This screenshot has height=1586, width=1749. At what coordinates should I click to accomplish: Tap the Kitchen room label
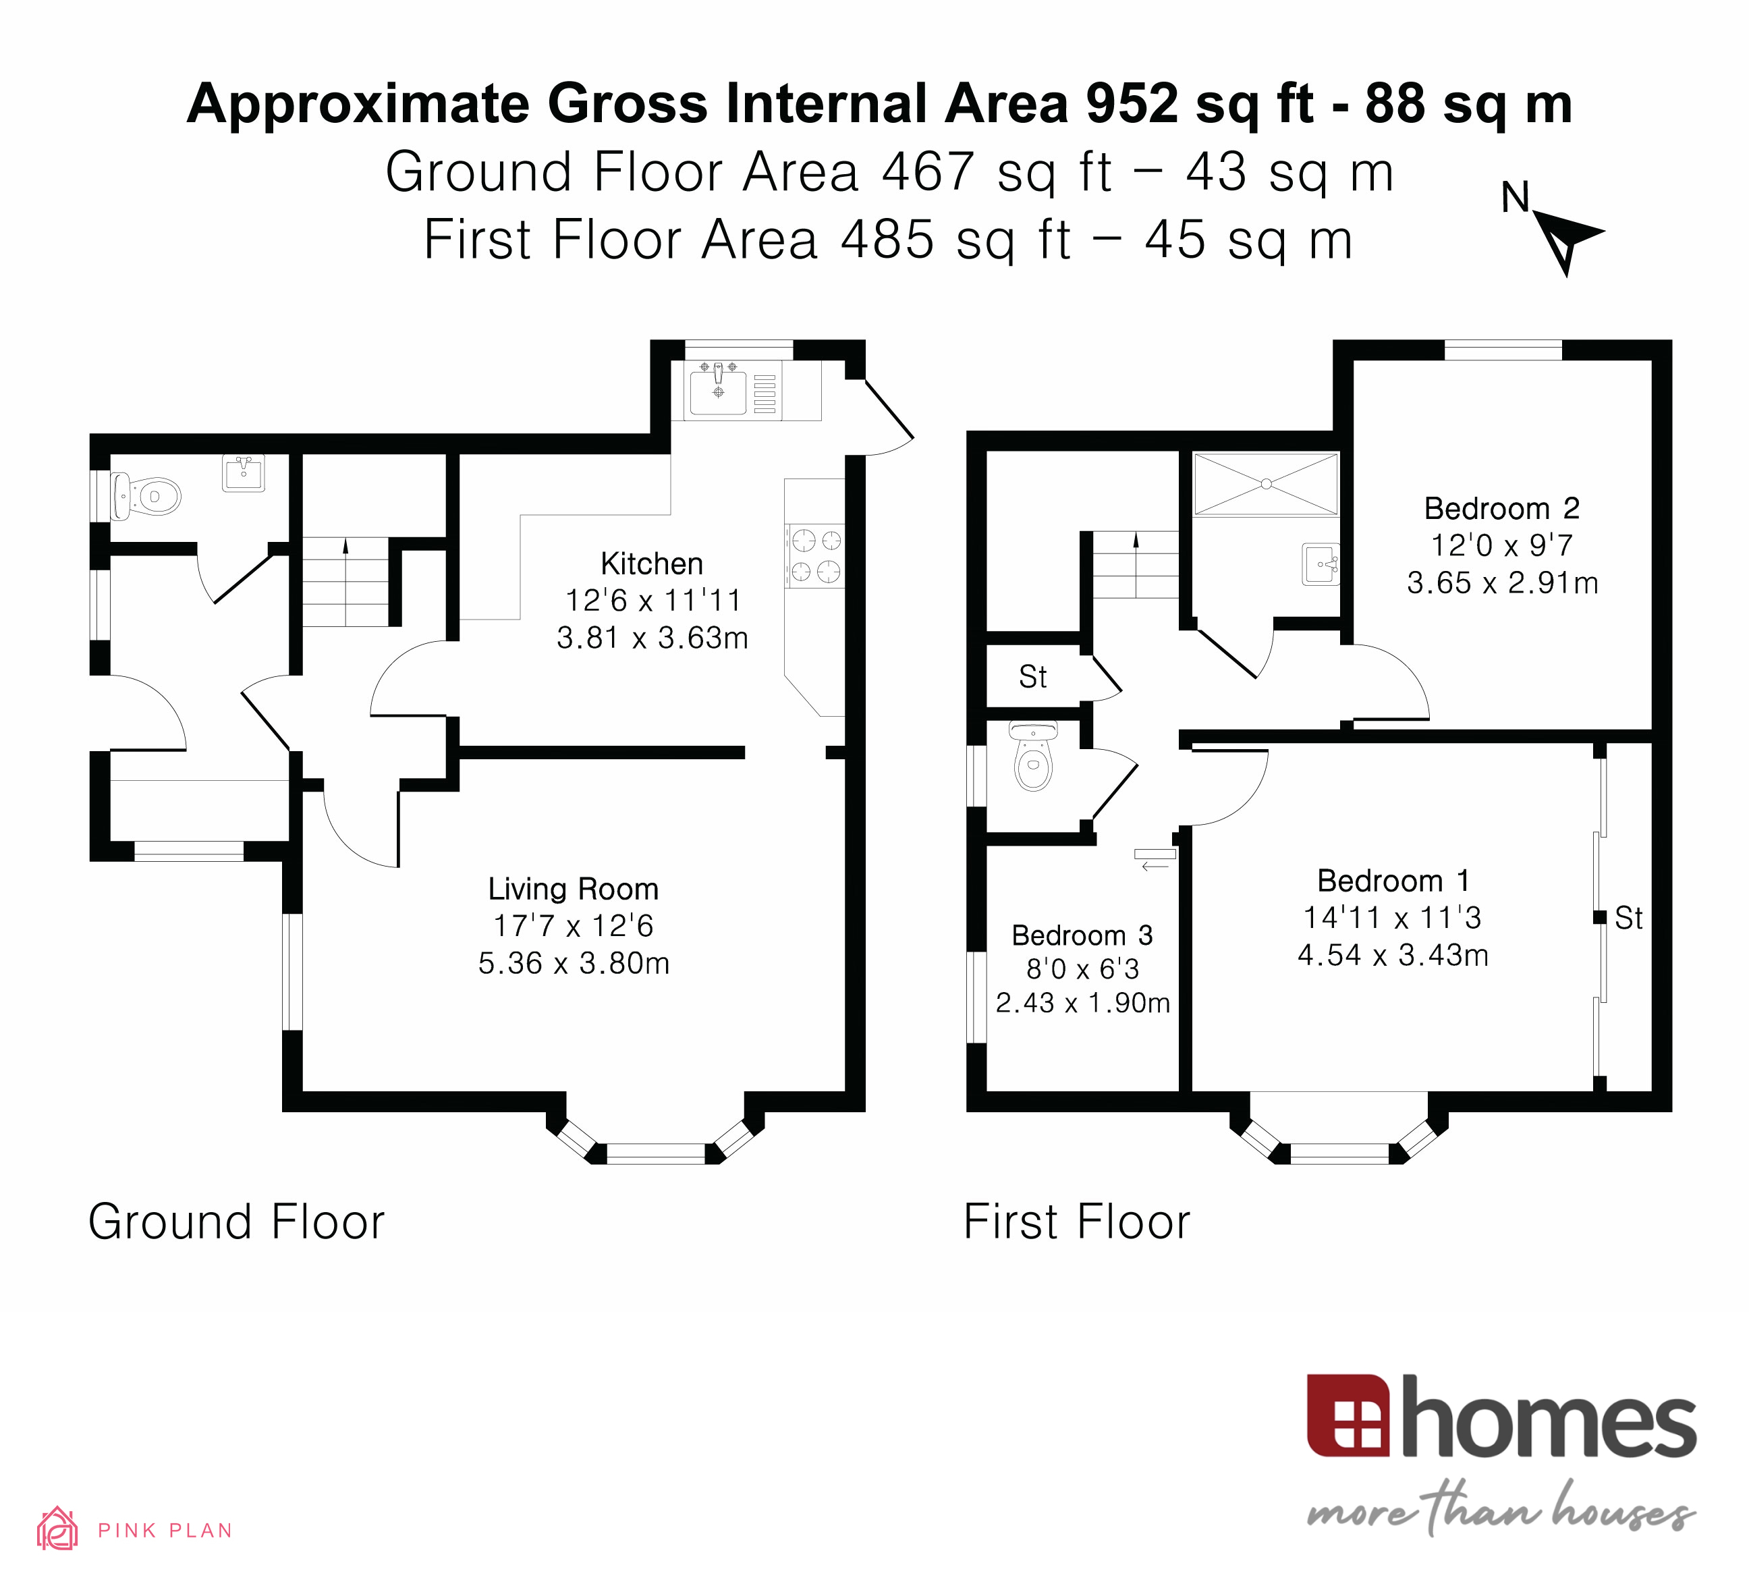(x=652, y=564)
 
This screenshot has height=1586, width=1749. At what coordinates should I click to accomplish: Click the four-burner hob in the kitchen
(x=814, y=556)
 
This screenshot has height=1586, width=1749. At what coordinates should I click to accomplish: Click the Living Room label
(x=574, y=890)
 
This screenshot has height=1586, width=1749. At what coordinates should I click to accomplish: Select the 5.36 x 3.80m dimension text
(x=574, y=964)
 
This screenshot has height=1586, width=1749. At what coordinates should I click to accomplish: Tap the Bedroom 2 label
(x=1502, y=508)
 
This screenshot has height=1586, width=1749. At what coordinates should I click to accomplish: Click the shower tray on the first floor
(x=1266, y=483)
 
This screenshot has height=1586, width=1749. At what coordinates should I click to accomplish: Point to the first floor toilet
(x=1033, y=759)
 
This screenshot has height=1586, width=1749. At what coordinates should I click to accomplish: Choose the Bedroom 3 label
(x=1082, y=935)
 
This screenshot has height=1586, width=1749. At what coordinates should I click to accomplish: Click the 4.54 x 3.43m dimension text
(x=1393, y=955)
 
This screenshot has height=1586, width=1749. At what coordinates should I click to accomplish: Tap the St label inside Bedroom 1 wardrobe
(x=1628, y=918)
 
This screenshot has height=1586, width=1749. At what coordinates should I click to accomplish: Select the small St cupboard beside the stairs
(x=1032, y=677)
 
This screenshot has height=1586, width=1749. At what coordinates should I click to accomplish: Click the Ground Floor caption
(x=236, y=1222)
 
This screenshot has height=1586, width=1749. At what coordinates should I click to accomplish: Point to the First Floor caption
(x=1077, y=1222)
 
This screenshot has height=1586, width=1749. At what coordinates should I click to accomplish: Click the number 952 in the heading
(x=1132, y=104)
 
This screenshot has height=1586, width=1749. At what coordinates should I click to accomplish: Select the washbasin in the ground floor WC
(x=244, y=473)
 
